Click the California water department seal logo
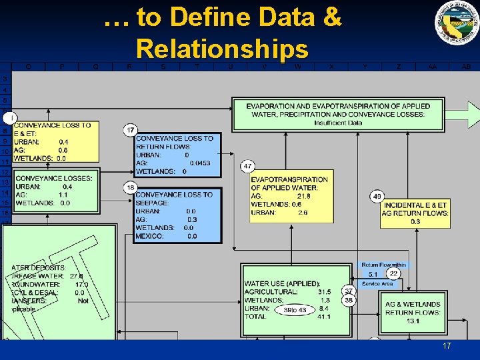click(457, 23)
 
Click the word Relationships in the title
click(222, 49)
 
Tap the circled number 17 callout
click(131, 130)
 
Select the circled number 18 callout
click(131, 187)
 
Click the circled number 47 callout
click(247, 165)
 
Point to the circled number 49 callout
click(377, 196)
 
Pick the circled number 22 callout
click(393, 273)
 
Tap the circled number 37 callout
click(348, 291)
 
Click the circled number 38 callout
click(348, 301)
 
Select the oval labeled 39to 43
click(295, 310)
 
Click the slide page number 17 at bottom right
click(447, 347)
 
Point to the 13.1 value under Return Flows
click(413, 321)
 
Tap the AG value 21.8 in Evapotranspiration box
click(303, 196)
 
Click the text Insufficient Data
click(338, 123)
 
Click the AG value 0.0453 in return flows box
click(199, 163)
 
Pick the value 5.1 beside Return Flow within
click(373, 274)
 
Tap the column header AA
click(433, 67)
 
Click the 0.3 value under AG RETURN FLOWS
click(415, 221)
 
